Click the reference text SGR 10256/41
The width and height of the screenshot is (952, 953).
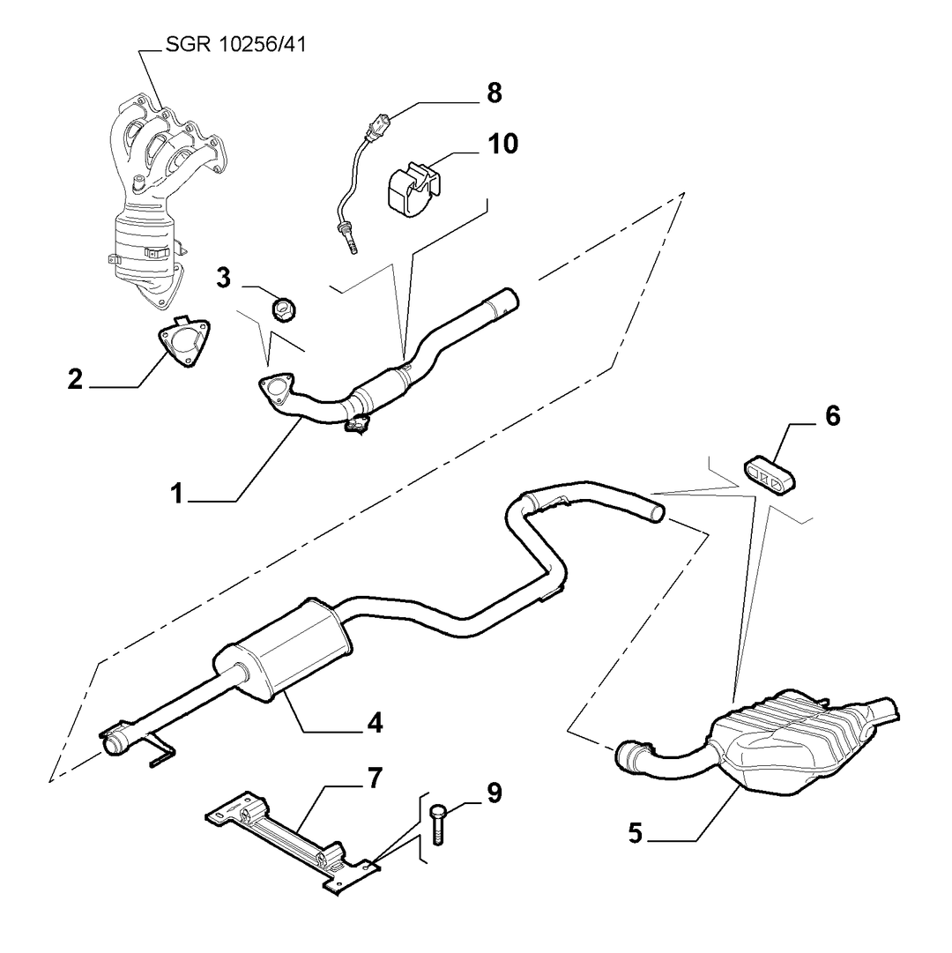[235, 44]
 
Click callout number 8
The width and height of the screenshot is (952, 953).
[495, 93]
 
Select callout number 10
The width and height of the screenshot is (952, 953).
[503, 144]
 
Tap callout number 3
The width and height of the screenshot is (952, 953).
[224, 278]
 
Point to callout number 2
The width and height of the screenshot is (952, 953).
[75, 379]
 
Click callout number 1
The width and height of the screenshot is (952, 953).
[177, 494]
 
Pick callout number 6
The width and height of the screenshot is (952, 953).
[833, 416]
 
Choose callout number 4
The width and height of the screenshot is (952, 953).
[375, 723]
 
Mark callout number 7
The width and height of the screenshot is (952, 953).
[375, 778]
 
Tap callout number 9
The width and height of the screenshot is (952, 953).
[495, 793]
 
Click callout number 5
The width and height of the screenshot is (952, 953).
[635, 832]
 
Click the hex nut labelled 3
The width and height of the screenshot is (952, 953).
[283, 309]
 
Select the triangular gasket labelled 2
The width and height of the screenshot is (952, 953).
[185, 341]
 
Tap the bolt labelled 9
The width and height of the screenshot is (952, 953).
[437, 823]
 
